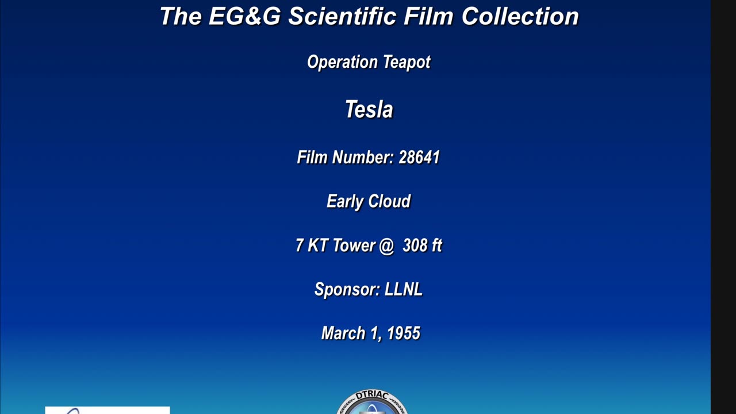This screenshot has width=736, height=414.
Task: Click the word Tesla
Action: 369,109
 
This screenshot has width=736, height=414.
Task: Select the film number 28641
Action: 419,157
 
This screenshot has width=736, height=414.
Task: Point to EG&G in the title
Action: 245,16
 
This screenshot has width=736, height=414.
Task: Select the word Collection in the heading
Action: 520,16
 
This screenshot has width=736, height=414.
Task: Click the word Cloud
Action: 389,201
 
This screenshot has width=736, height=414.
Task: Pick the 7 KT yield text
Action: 308,246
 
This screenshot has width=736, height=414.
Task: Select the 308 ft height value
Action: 422,246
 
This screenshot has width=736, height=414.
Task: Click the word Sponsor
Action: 346,289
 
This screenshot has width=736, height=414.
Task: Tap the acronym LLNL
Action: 404,289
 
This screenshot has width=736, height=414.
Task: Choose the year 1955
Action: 404,333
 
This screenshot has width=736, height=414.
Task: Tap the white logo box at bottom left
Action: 108,410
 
